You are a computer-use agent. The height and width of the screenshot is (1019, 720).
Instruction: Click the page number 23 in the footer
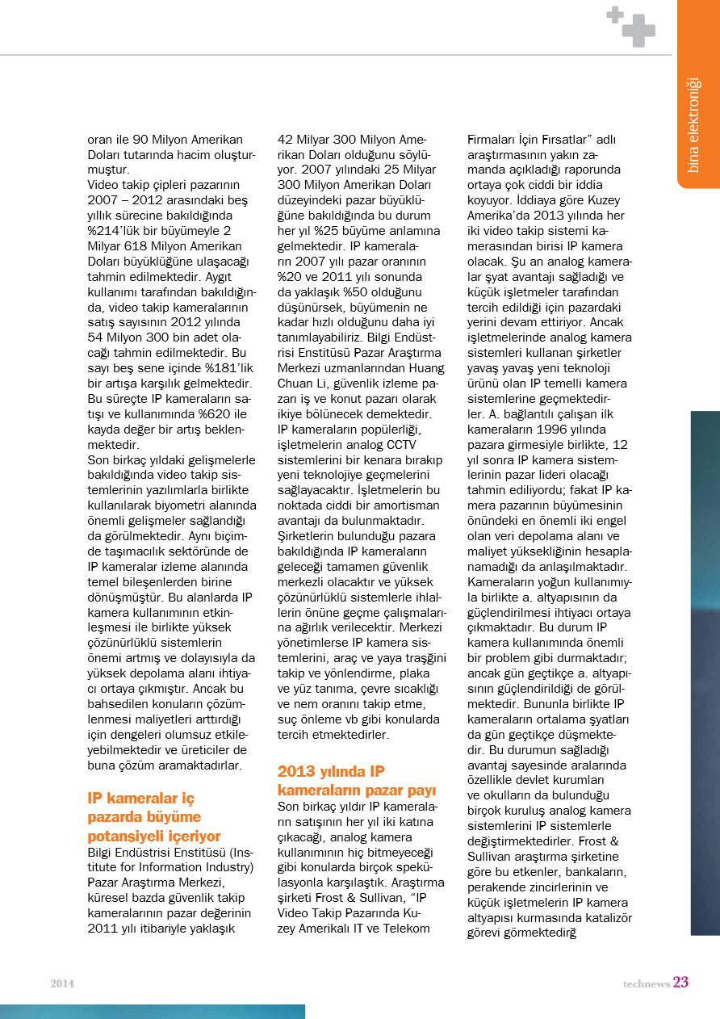680,983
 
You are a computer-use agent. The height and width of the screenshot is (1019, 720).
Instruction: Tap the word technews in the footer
646,983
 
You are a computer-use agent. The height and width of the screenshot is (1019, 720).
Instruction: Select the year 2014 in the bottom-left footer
62,983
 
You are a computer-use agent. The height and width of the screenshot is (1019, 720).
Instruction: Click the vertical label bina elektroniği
693,124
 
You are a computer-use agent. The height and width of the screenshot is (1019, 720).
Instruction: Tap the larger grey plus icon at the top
639,31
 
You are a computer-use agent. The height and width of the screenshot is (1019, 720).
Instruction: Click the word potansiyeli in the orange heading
124,835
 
